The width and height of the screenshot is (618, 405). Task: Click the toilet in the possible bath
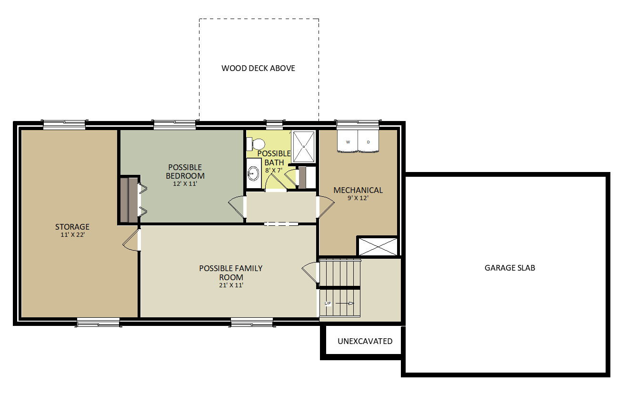pyautogui.click(x=256, y=144)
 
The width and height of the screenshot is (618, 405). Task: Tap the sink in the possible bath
pyautogui.click(x=253, y=173)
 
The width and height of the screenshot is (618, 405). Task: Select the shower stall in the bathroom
pyautogui.click(x=303, y=147)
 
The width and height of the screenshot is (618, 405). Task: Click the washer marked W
pyautogui.click(x=348, y=141)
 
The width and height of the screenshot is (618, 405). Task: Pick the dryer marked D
pyautogui.click(x=369, y=141)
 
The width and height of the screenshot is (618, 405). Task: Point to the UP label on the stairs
pyautogui.click(x=328, y=304)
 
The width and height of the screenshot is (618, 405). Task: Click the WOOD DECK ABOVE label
pyautogui.click(x=258, y=68)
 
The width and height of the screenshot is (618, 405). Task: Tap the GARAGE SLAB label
pyautogui.click(x=510, y=268)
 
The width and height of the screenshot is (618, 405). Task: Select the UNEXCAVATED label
pyautogui.click(x=365, y=341)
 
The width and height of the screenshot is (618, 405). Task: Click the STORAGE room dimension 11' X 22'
pyautogui.click(x=72, y=235)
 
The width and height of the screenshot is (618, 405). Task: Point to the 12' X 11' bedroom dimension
pyautogui.click(x=185, y=183)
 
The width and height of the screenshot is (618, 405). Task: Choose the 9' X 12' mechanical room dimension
pyautogui.click(x=358, y=198)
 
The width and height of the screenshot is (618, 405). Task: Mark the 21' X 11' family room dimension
pyautogui.click(x=231, y=285)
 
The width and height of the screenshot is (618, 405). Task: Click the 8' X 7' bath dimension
pyautogui.click(x=274, y=170)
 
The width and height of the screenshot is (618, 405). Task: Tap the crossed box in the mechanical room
pyautogui.click(x=378, y=246)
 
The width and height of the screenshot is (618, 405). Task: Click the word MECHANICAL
pyautogui.click(x=358, y=190)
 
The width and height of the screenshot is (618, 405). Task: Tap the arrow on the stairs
pyautogui.click(x=345, y=304)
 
